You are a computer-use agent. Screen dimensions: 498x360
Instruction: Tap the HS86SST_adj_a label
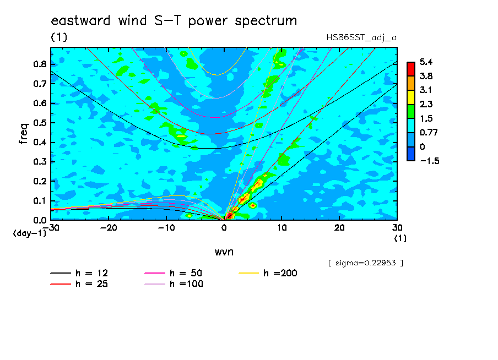point(361,38)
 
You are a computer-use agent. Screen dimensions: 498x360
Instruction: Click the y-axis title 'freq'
point(24,134)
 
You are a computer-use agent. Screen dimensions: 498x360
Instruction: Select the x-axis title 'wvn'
point(224,252)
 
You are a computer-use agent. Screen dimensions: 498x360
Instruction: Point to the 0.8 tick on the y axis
point(40,64)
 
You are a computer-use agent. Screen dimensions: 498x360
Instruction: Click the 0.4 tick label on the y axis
point(40,143)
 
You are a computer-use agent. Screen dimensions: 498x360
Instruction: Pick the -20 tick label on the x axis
point(109,228)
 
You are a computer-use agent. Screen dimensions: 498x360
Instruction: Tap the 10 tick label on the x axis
point(282,228)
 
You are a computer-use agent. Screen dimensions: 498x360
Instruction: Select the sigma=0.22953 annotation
point(366,263)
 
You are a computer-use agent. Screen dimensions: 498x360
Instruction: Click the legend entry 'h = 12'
point(79,273)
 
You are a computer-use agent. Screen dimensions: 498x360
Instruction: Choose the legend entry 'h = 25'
point(79,284)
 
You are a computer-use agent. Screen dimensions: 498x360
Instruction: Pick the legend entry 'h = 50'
point(174,273)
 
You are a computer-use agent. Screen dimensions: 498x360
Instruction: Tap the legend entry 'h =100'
point(174,284)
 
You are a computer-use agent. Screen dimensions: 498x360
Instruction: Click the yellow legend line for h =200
point(248,273)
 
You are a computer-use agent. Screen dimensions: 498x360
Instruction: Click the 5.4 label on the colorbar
point(426,62)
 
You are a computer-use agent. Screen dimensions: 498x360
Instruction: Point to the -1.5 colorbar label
point(429,161)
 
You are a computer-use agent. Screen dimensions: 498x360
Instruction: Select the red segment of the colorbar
point(411,69)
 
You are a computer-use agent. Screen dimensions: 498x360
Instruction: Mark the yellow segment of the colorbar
point(411,97)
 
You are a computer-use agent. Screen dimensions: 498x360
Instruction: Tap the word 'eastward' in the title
point(80,20)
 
